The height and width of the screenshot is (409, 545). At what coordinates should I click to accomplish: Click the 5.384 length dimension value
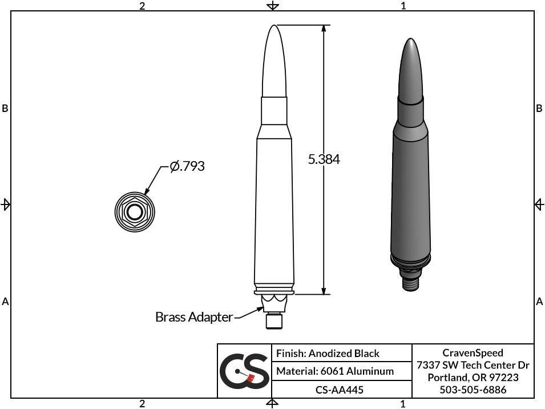point(324,159)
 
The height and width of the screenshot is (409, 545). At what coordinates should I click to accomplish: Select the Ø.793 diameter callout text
point(187,166)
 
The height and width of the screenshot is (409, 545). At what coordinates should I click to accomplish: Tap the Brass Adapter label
point(193,316)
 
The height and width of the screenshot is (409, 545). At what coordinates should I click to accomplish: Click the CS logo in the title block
point(244,371)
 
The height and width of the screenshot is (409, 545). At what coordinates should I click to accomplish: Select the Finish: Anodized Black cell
point(328,353)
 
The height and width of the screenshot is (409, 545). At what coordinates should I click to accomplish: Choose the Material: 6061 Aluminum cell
point(334,371)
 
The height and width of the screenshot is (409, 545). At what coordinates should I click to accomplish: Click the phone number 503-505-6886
point(473,390)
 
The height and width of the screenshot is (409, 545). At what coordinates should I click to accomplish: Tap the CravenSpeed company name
point(473,352)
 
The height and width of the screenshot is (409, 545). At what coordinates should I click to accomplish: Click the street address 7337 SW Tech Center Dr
point(473,365)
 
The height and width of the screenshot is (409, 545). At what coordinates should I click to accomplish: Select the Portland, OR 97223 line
point(473,378)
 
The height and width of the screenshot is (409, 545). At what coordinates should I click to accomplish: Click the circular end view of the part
point(134,212)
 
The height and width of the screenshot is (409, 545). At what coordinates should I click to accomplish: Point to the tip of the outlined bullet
point(274,27)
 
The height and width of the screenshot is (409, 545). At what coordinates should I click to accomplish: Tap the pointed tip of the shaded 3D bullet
point(410,41)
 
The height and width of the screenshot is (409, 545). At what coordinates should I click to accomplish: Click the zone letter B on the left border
point(5,108)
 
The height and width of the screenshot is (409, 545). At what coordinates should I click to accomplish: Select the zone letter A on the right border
point(539,301)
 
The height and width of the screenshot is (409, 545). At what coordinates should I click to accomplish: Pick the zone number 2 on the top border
point(142,6)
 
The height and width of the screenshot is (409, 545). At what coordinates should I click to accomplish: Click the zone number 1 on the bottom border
point(403,404)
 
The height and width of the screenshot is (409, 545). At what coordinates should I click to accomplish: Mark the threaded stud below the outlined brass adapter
point(274,323)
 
